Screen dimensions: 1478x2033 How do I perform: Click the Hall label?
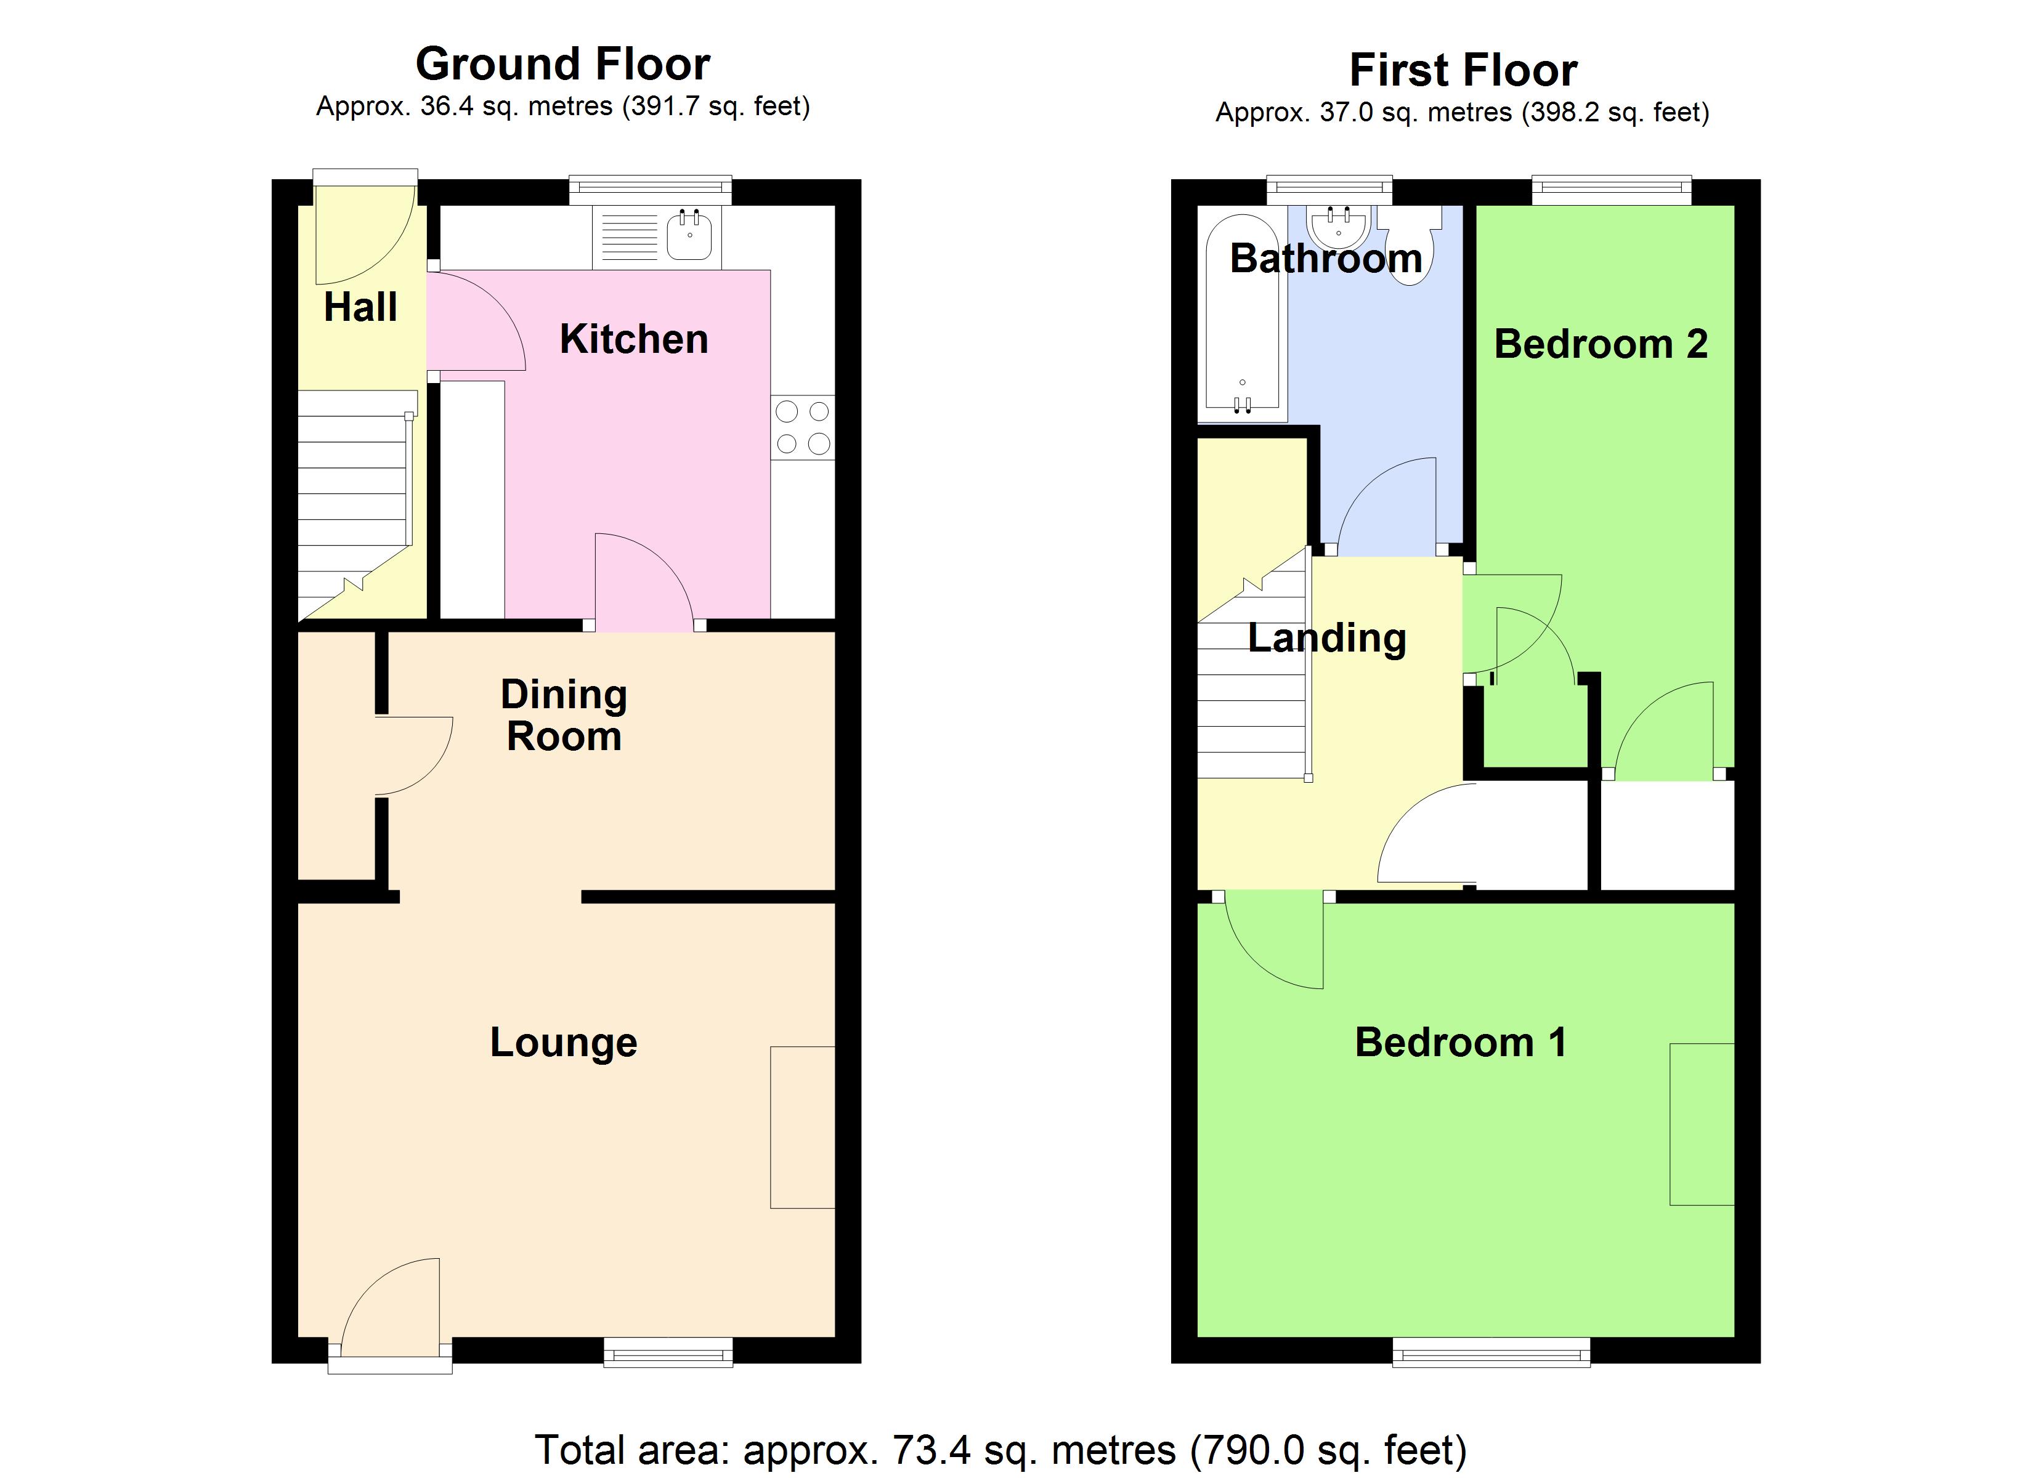[x=360, y=307]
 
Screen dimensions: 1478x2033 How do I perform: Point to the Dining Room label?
[x=564, y=715]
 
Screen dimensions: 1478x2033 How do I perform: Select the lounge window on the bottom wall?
[x=668, y=1352]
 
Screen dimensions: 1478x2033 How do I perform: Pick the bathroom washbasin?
[x=1338, y=226]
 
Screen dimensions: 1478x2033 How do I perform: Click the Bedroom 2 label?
[x=1601, y=344]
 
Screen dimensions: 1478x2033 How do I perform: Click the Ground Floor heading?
[x=563, y=65]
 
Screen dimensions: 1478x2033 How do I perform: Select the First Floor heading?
[x=1463, y=70]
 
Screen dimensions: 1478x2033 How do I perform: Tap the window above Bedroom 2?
[x=1611, y=188]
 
